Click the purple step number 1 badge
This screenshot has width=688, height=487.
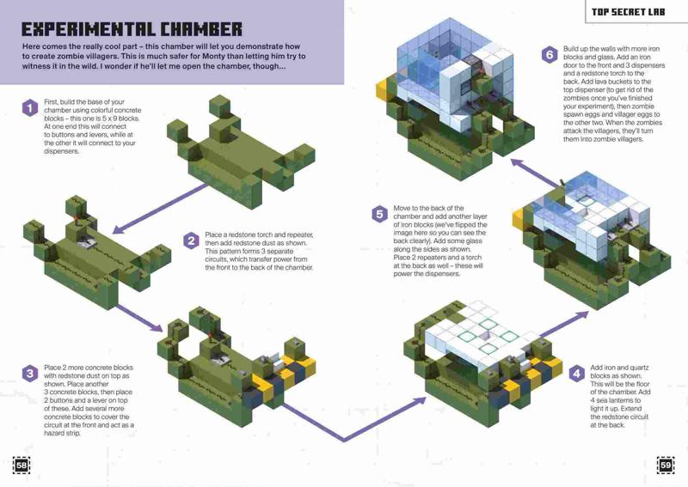tap(29, 108)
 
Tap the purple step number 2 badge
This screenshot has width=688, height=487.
tap(191, 240)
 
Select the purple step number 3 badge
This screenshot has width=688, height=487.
tap(29, 374)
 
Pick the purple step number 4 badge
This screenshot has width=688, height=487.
tap(576, 374)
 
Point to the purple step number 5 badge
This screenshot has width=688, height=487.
tap(379, 215)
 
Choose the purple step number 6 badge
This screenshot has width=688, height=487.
tap(550, 55)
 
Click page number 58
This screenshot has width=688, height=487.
tap(21, 465)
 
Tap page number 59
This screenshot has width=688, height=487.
tap(666, 465)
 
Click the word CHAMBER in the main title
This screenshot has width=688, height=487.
tap(201, 29)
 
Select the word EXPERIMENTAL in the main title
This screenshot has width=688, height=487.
tap(89, 29)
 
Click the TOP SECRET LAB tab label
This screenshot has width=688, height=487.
tap(628, 12)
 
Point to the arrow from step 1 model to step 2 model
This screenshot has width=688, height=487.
tap(159, 208)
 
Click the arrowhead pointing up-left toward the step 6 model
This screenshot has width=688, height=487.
tap(517, 163)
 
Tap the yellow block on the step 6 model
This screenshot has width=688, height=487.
tap(383, 90)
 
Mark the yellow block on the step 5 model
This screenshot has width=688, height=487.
tap(519, 219)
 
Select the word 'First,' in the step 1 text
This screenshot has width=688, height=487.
tap(51, 101)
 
